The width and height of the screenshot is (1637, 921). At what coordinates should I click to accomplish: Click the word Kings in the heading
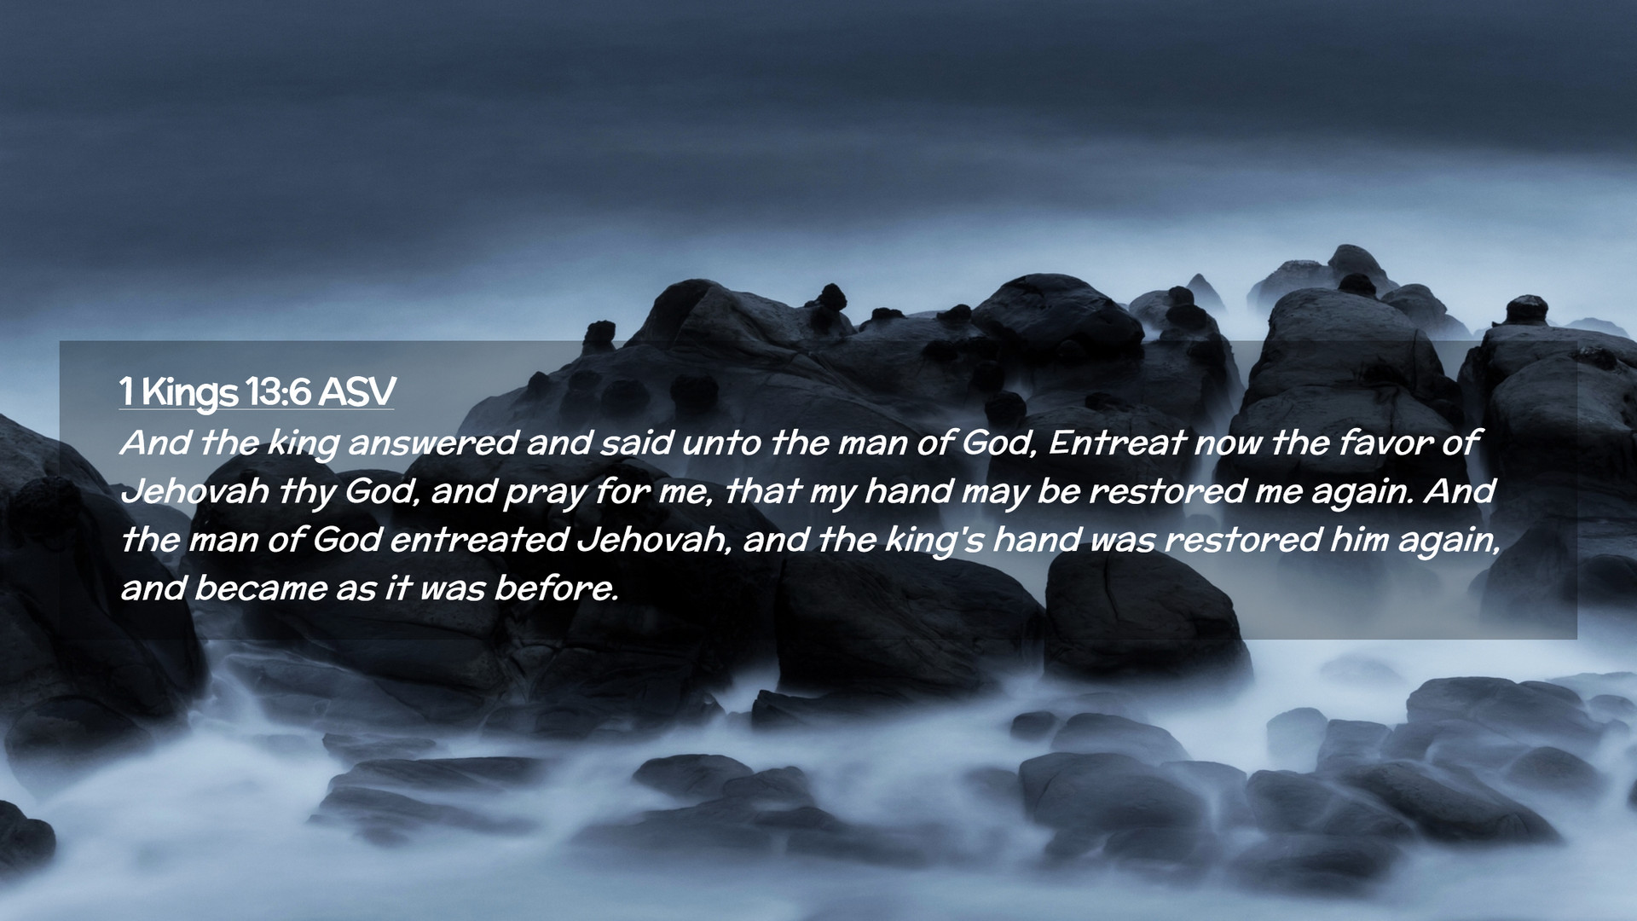(189, 393)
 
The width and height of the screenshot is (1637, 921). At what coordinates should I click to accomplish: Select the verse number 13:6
(277, 391)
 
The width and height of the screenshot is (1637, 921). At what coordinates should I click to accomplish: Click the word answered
(432, 443)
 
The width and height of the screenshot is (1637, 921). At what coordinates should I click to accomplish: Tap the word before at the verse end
(556, 588)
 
